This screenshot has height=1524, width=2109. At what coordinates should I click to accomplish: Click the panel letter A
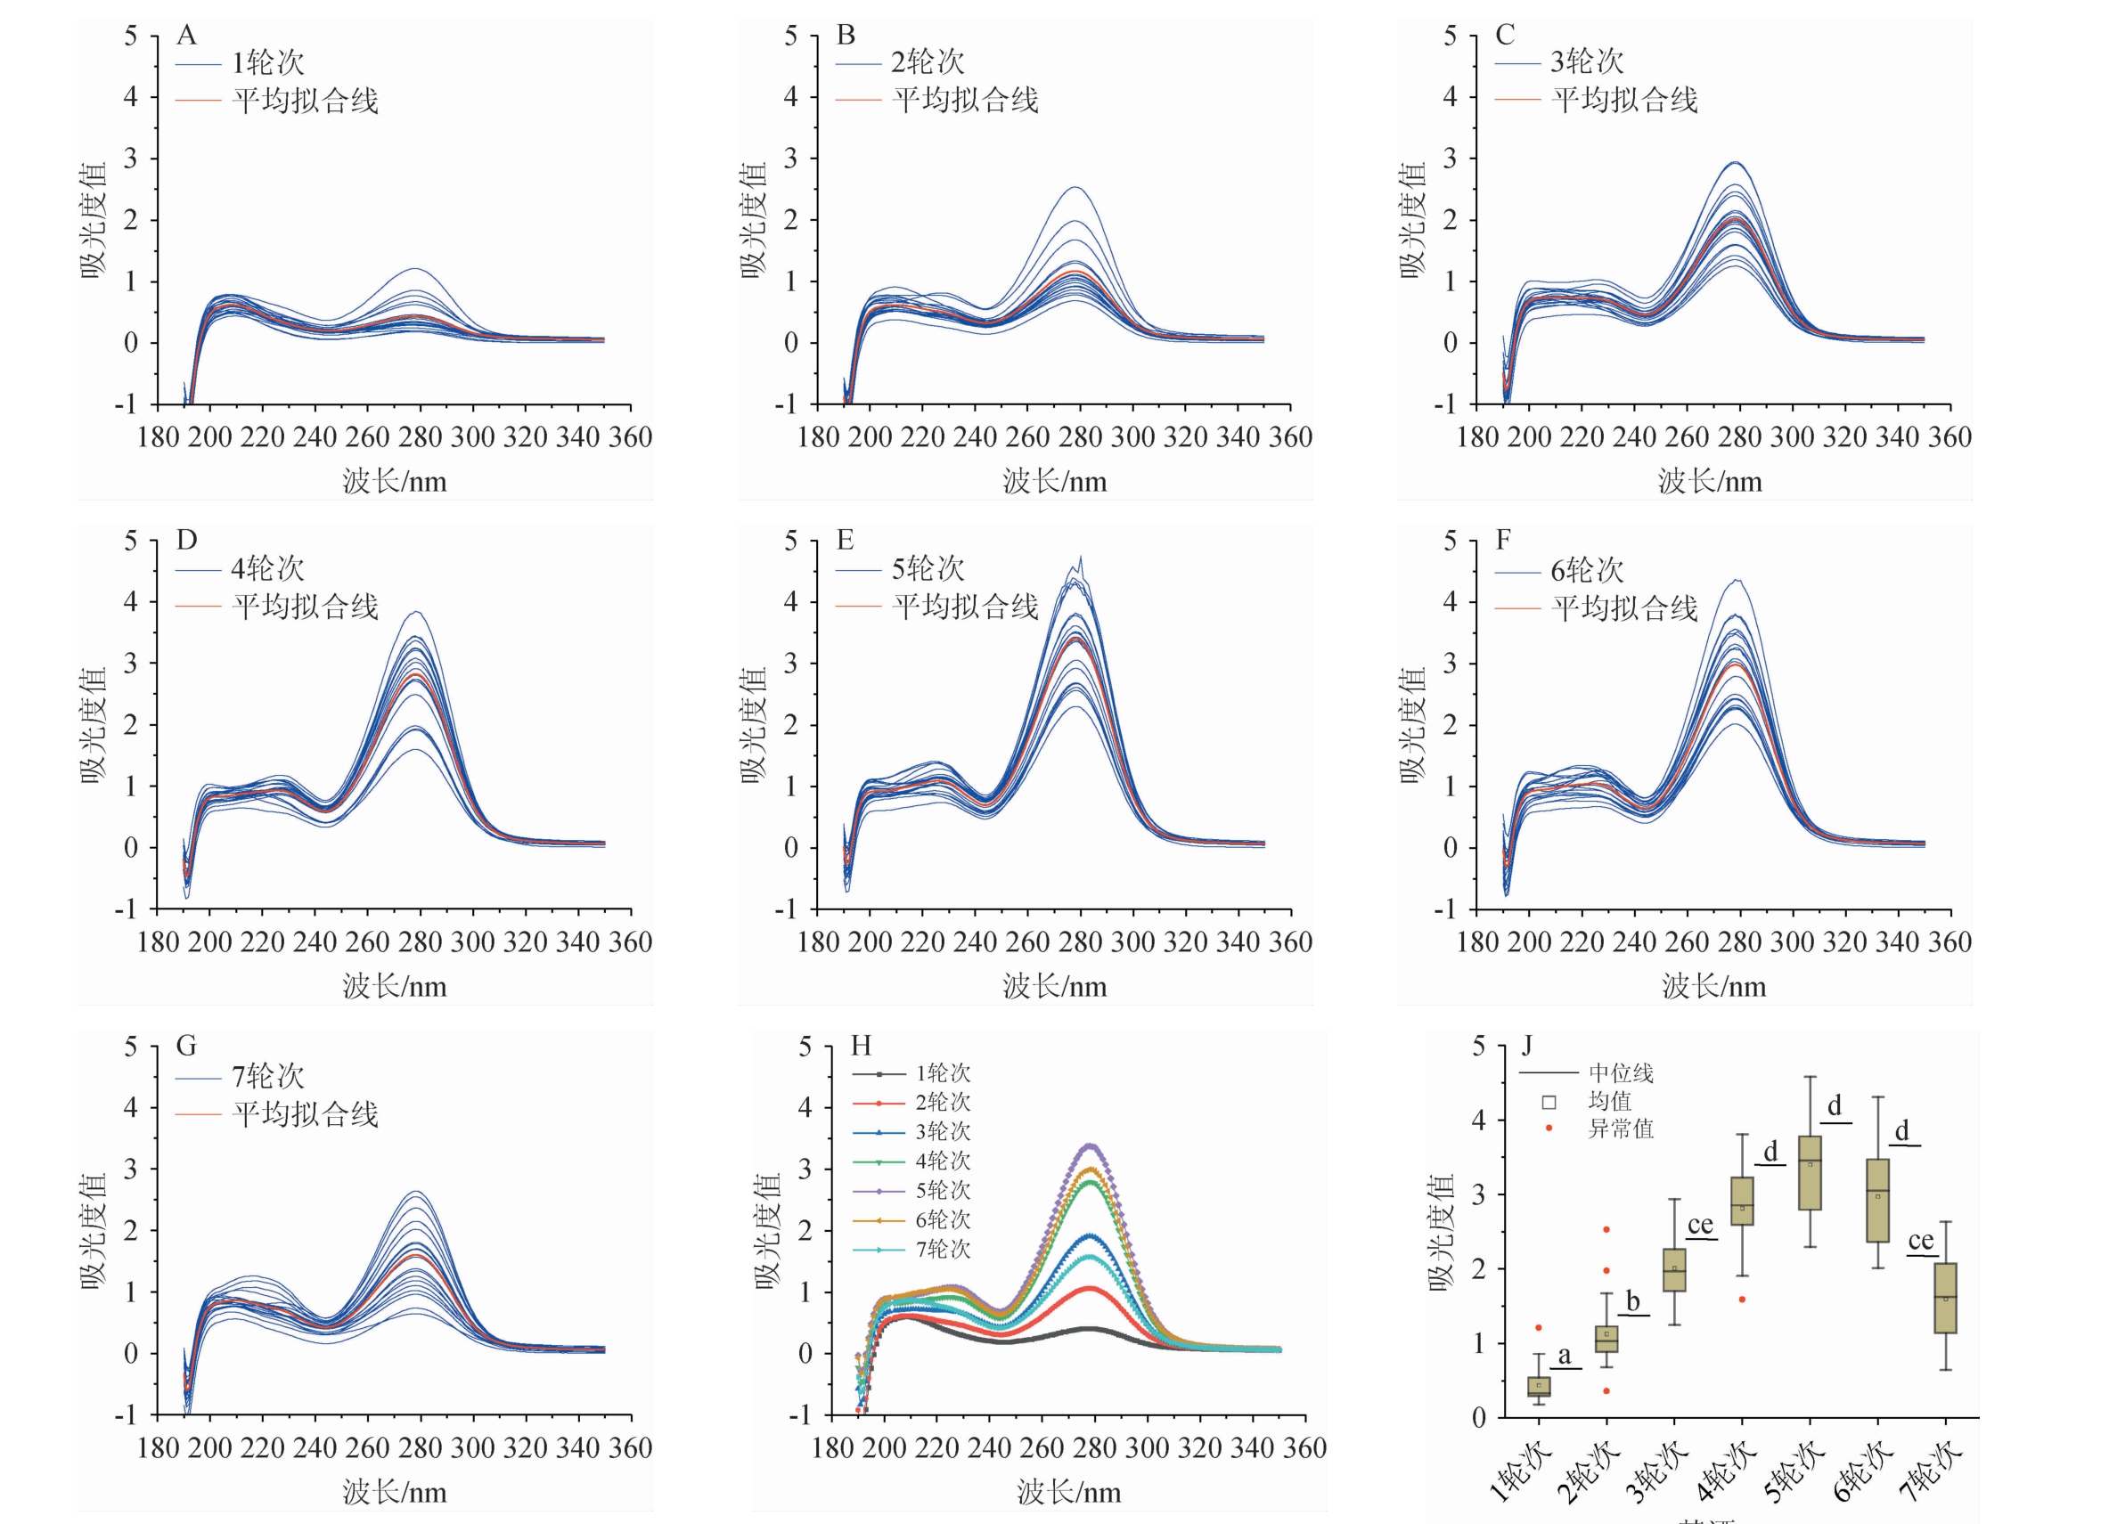[x=186, y=36]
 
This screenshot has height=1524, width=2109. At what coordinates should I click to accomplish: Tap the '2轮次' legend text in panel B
[x=928, y=62]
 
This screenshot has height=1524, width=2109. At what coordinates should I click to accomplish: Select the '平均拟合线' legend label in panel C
[x=1623, y=100]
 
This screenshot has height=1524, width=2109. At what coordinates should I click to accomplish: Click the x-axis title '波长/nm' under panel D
[x=395, y=987]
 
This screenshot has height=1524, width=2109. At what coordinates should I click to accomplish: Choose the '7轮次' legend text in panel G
[x=268, y=1076]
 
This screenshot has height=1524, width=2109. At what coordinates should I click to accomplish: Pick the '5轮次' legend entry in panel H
[x=942, y=1190]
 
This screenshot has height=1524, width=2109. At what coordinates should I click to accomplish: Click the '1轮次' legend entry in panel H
[x=942, y=1073]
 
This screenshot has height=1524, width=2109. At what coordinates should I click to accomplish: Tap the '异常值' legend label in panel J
[x=1621, y=1129]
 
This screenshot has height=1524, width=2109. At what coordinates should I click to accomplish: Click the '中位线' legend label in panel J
[x=1621, y=1073]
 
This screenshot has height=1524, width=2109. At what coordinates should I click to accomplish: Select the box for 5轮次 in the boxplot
[x=1810, y=1172]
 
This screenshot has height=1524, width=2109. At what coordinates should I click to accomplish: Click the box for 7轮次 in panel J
[x=1945, y=1298]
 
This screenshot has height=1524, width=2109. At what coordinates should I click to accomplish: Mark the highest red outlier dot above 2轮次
[x=1606, y=1229]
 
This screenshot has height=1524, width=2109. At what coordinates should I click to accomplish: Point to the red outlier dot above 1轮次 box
[x=1538, y=1328]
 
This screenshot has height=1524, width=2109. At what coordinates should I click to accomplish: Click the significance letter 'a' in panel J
[x=1564, y=1356]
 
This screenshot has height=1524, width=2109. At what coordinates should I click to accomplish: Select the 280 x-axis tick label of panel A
[x=421, y=437]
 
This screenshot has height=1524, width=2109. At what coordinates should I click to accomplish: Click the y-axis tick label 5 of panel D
[x=131, y=542]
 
